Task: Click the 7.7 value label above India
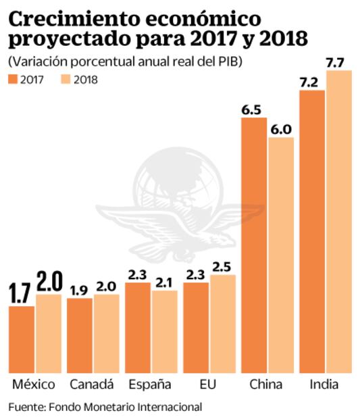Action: point(338,62)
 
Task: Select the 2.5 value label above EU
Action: point(222,266)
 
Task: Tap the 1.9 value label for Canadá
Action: point(80,290)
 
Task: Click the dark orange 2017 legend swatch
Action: point(15,80)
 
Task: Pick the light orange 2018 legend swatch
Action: point(63,80)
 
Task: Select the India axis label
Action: point(326,386)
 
